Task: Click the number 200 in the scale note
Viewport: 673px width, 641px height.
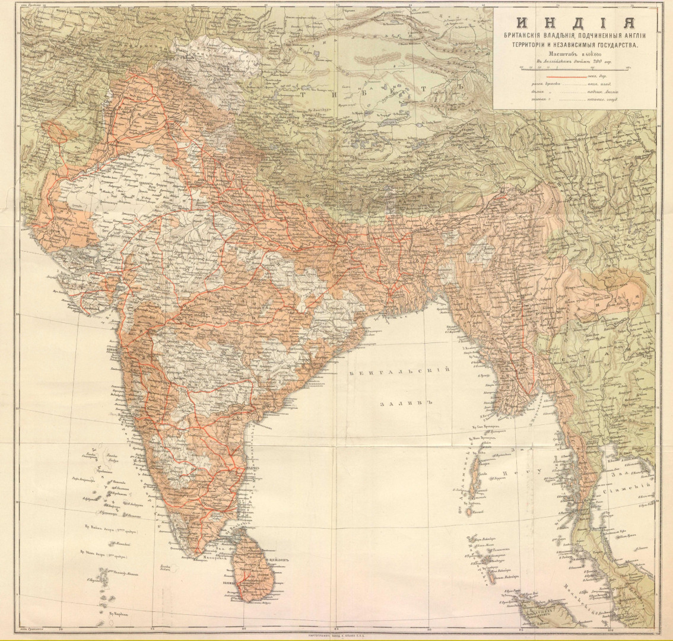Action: pos(602,62)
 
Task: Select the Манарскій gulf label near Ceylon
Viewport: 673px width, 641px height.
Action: pos(215,559)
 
